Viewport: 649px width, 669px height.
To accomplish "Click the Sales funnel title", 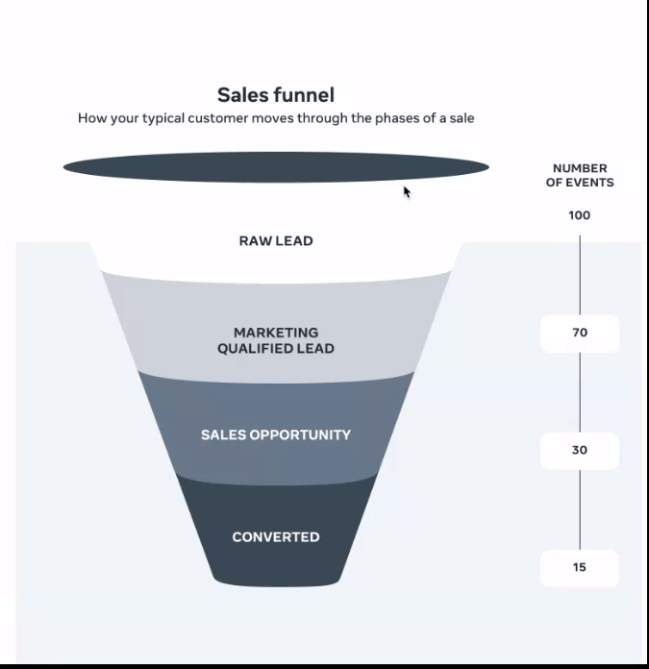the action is [x=276, y=95].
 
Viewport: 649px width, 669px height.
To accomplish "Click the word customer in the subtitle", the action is [x=217, y=118].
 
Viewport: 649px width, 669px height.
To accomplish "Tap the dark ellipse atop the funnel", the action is [x=276, y=167].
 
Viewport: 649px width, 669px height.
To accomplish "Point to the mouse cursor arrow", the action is [x=407, y=192].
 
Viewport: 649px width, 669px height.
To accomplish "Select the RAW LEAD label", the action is [x=276, y=240].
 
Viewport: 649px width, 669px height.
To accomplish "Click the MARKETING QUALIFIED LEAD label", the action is [x=276, y=340].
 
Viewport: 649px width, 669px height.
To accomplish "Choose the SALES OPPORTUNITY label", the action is [x=276, y=434].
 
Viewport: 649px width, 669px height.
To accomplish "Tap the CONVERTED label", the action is [x=276, y=536].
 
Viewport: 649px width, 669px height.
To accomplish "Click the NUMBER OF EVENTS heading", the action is [x=580, y=175].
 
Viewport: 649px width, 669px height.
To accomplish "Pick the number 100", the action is [x=580, y=215].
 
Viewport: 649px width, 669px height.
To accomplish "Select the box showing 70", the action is [x=580, y=334].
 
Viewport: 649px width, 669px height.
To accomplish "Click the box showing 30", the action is [x=580, y=451].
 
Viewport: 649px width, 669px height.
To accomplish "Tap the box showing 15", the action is [x=580, y=568].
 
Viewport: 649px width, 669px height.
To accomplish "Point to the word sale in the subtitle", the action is [x=462, y=118].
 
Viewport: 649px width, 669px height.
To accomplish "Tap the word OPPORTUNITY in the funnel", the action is [x=300, y=434].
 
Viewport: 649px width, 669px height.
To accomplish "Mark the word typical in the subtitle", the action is [x=163, y=118].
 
